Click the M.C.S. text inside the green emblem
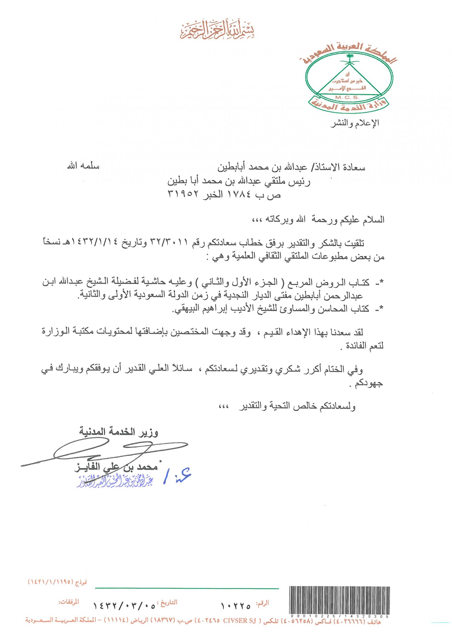347,98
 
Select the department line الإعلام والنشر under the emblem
355,123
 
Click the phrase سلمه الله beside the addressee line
83,166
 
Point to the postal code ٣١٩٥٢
183,194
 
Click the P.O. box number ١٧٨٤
239,194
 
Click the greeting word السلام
373,220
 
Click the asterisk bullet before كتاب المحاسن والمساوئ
382,309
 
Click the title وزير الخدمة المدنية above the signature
119,432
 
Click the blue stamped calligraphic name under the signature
115,480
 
